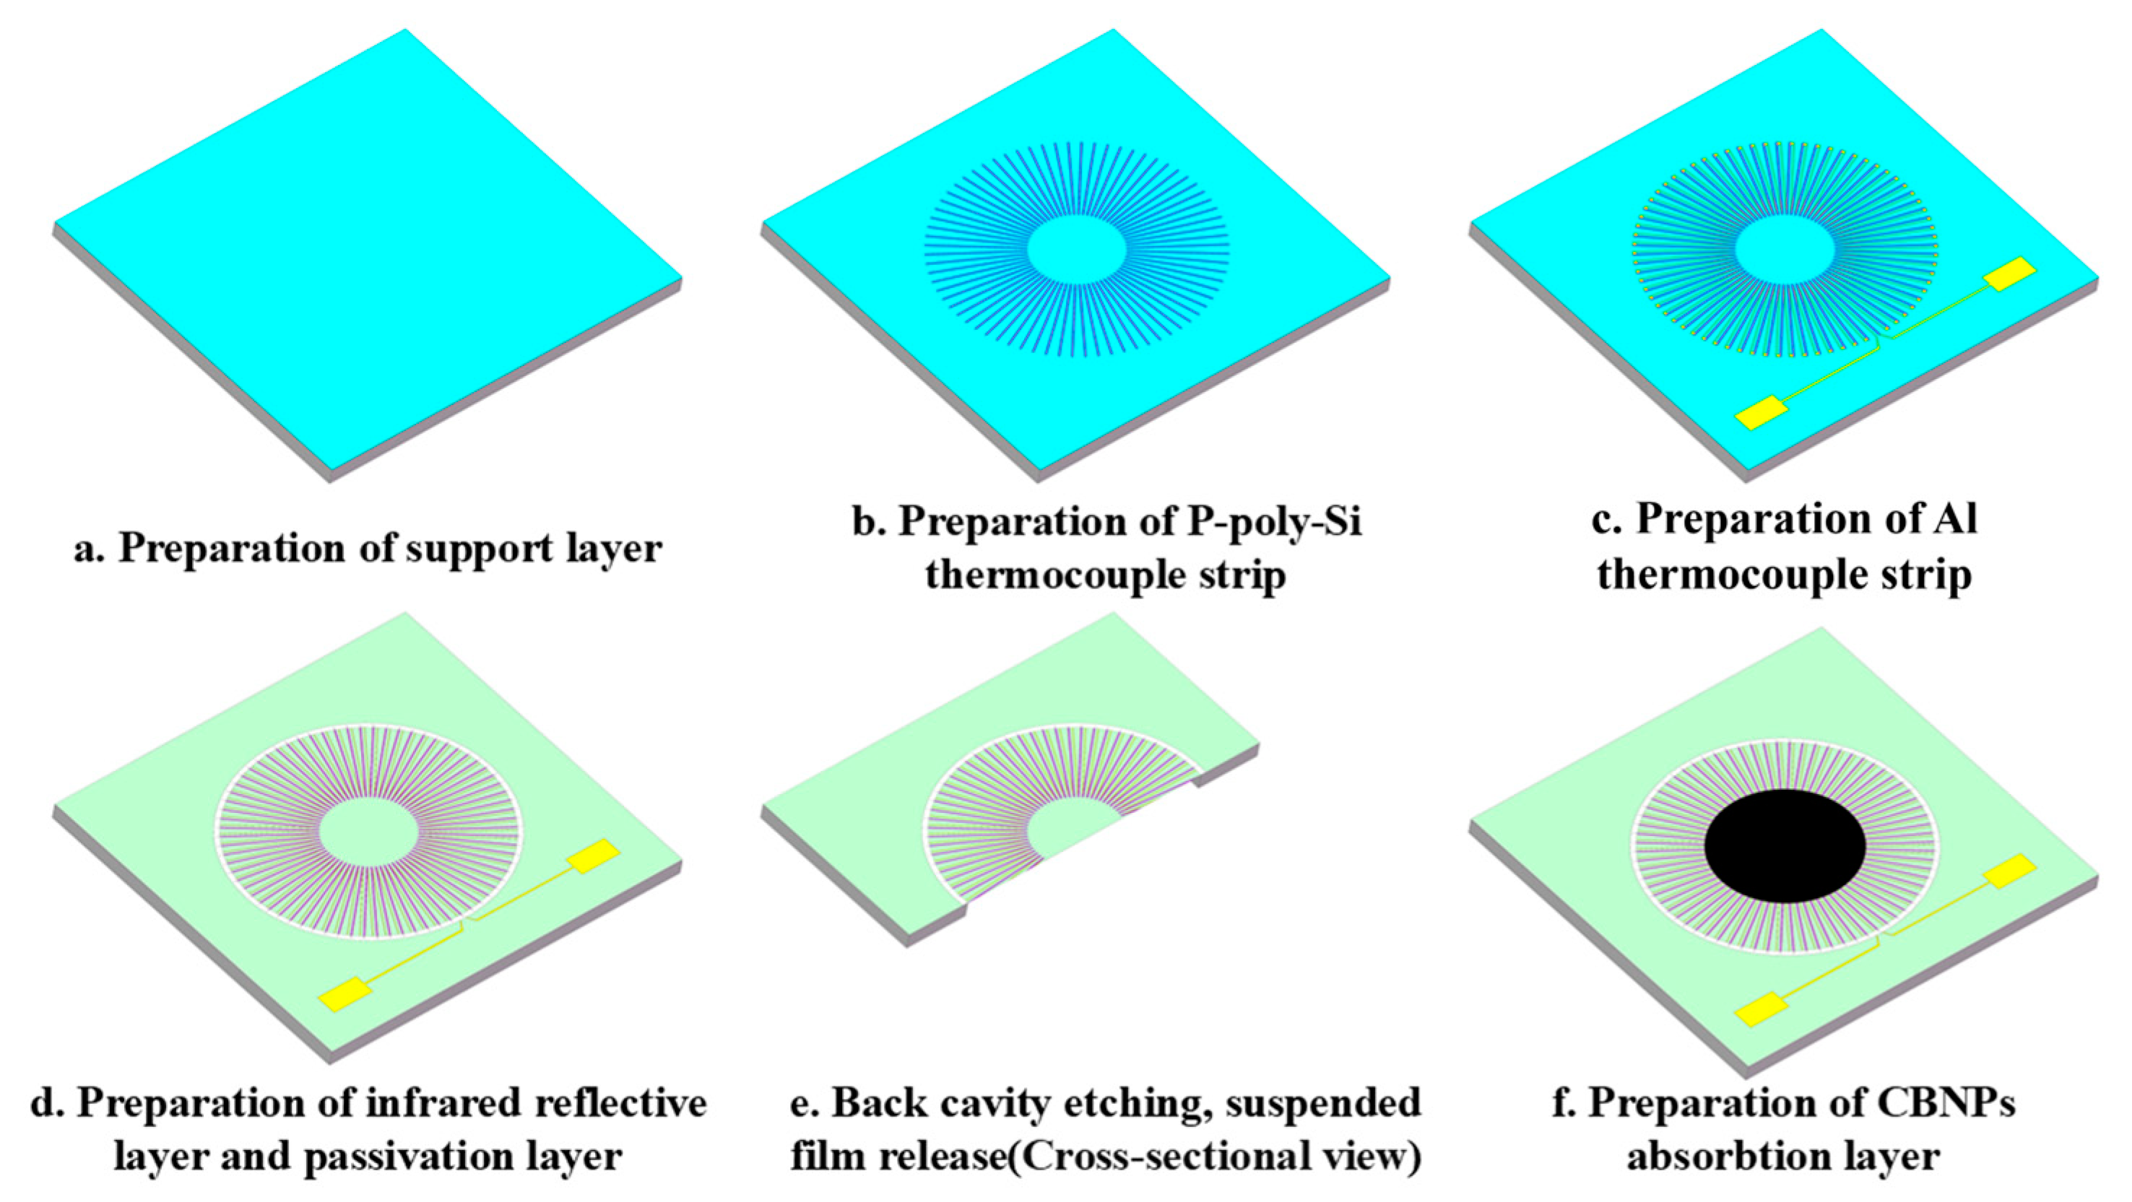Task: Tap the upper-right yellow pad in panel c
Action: pyautogui.click(x=2009, y=274)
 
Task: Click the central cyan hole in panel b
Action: pyautogui.click(x=1076, y=248)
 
